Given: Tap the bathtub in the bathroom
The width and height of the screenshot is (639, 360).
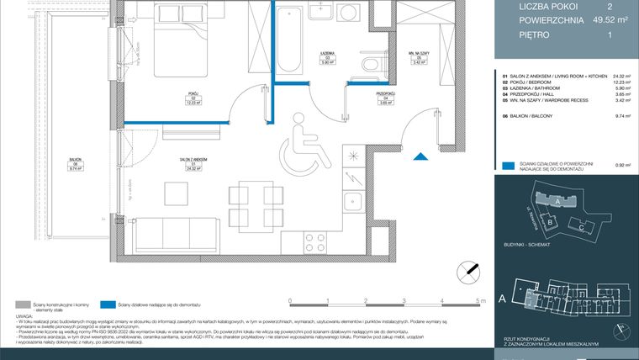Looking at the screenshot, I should (x=292, y=40).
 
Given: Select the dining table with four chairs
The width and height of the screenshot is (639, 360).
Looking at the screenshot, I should (x=255, y=202).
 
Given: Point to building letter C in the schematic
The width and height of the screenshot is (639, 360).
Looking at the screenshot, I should (x=583, y=228).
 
